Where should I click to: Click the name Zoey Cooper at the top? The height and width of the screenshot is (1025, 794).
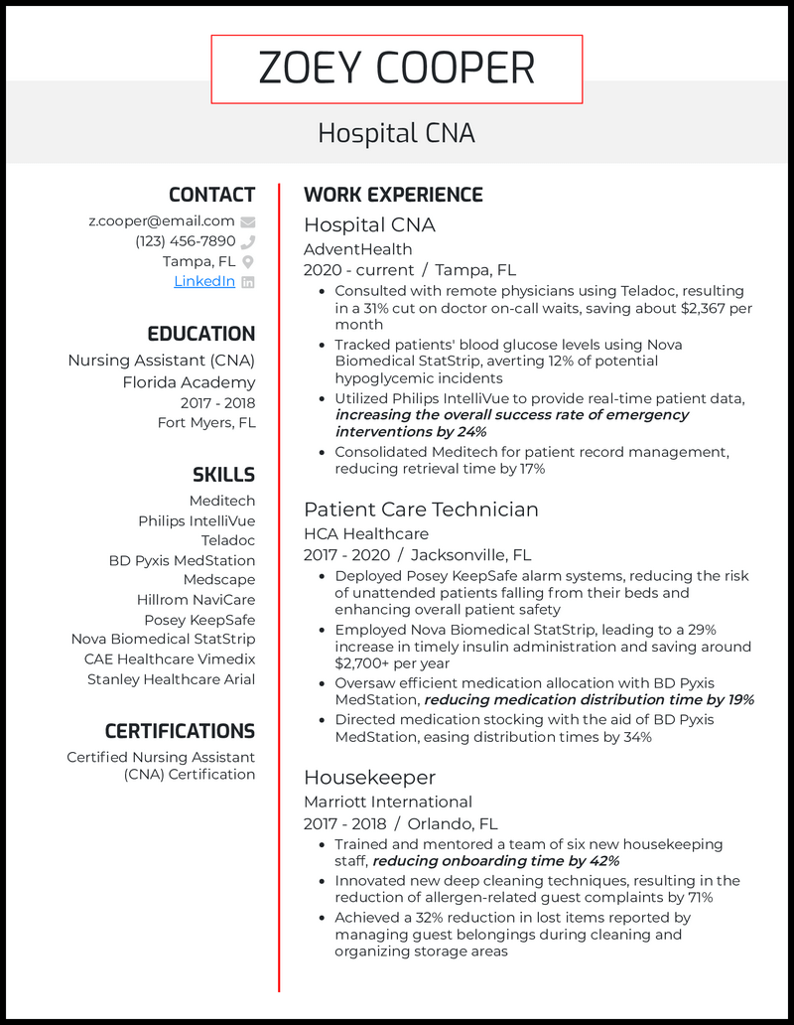396,69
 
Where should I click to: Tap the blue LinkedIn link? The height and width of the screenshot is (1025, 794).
204,281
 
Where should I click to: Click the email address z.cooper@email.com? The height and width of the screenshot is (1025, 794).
162,221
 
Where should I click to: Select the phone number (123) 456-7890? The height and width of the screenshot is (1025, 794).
185,241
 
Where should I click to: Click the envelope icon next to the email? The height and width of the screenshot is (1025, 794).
248,222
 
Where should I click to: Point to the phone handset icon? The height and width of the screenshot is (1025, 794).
248,242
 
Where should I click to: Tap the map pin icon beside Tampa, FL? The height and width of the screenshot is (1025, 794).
248,262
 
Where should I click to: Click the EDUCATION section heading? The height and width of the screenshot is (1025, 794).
200,334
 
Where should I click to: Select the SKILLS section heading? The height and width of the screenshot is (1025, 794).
223,475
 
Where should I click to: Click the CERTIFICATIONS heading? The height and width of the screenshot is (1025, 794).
180,731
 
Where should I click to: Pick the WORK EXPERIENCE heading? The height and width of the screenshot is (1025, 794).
393,195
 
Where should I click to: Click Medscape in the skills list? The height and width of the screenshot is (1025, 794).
218,580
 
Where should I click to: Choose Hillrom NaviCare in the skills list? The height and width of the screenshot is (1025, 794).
196,600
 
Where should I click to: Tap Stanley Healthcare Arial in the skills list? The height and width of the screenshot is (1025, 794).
171,679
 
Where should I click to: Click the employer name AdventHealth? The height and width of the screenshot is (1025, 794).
357,249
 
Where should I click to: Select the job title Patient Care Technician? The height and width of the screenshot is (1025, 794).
421,510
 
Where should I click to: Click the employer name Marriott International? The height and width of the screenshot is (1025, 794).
387,802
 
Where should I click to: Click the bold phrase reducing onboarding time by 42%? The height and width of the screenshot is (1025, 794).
495,861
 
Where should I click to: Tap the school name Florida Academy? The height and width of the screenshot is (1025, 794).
189,382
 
